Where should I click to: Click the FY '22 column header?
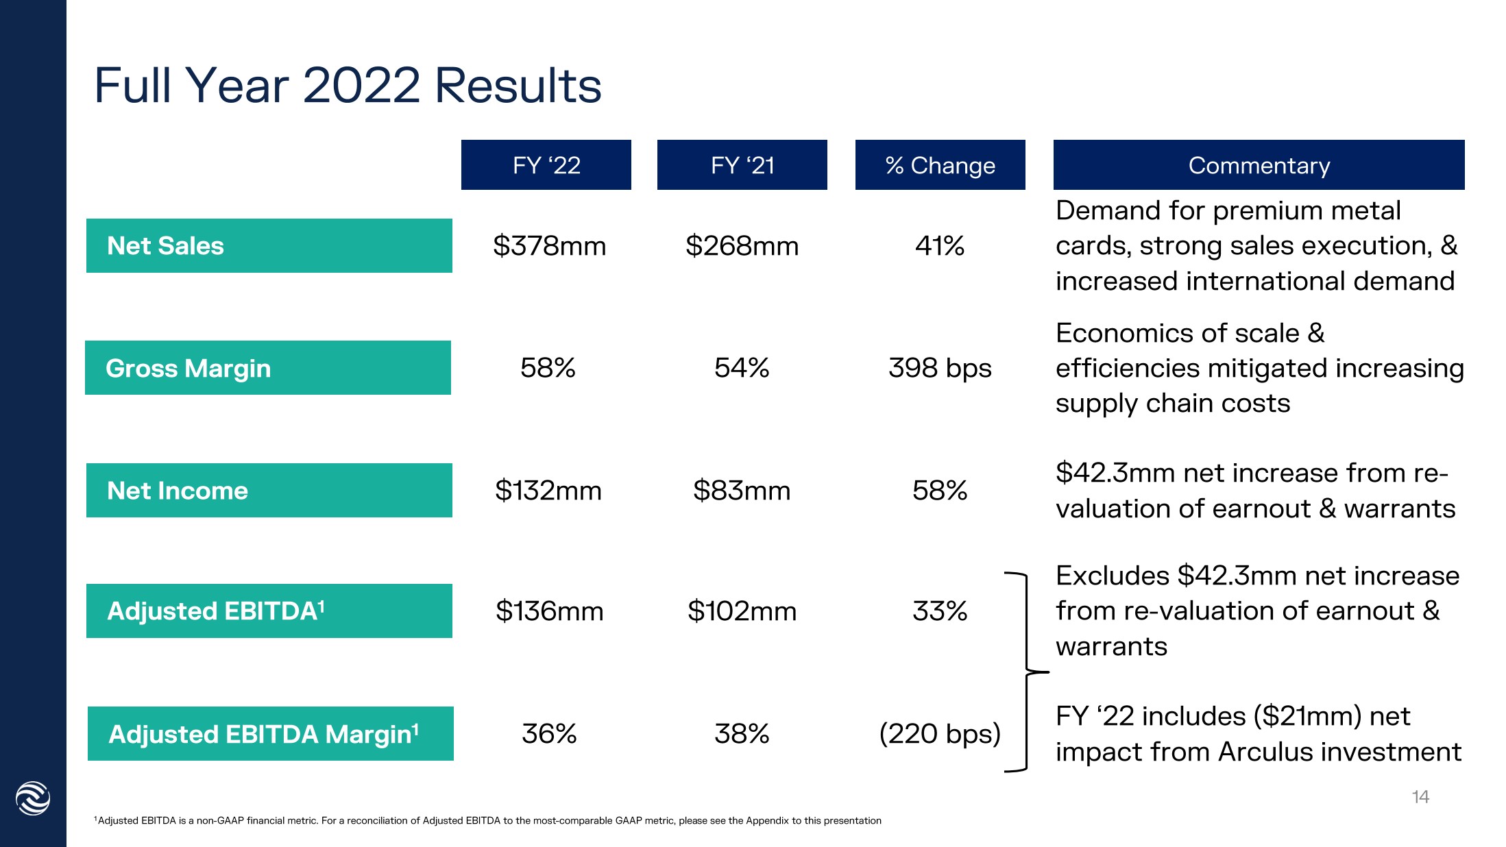[546, 165]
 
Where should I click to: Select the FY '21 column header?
[742, 165]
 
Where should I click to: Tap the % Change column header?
[940, 165]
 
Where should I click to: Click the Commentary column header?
[1259, 165]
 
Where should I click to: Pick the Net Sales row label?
[269, 245]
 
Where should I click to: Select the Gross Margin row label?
[267, 368]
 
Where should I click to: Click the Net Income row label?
[269, 491]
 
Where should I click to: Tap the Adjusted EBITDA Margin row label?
[270, 734]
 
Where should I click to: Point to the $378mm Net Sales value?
[549, 245]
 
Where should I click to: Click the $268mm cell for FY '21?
[742, 245]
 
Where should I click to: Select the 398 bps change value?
[940, 368]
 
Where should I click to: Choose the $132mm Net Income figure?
[548, 491]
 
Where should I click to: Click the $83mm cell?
[742, 491]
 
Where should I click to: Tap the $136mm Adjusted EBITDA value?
[549, 611]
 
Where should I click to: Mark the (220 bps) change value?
[940, 734]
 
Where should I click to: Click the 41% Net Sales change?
[940, 245]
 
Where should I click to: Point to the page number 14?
[1420, 797]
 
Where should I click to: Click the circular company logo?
[33, 798]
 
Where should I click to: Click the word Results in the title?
[518, 86]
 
